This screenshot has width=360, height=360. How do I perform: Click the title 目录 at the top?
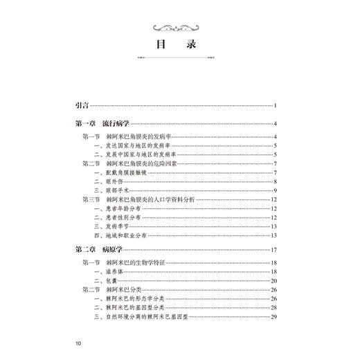point(179,44)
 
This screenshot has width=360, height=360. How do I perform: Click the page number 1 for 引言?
point(275,105)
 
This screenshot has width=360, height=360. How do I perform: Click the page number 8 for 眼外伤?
point(275,182)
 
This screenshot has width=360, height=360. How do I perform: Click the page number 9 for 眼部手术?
point(275,191)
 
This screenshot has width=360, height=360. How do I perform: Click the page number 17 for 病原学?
point(273,249)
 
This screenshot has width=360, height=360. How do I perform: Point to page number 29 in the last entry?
point(273,317)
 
